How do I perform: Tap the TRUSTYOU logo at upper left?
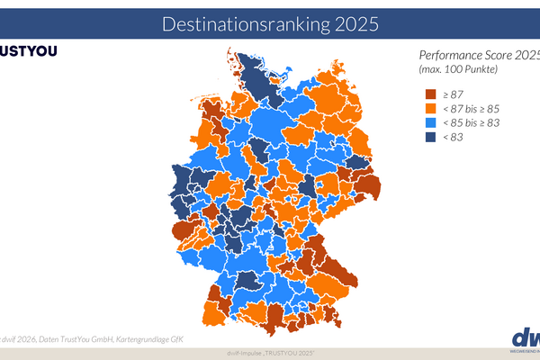28,50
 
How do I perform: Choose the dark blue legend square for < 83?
430,138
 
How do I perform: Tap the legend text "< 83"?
454,138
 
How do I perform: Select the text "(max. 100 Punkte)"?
457,69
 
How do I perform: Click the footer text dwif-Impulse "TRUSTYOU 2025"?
269,352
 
